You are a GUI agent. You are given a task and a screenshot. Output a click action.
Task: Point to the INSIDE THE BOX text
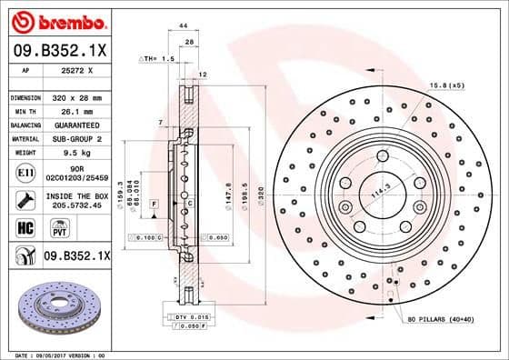(76, 195)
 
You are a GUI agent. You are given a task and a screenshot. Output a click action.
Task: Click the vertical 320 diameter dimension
(258, 193)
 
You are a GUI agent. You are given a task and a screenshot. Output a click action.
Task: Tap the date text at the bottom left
(55, 354)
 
